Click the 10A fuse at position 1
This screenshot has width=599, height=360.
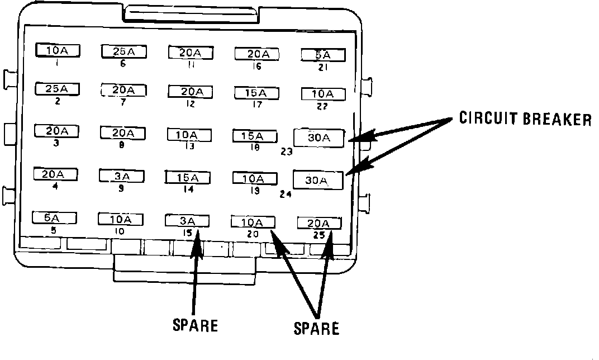(58, 51)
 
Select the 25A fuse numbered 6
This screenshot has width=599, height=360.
(123, 51)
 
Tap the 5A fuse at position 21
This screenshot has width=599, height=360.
(322, 55)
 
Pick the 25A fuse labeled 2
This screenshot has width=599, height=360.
(57, 88)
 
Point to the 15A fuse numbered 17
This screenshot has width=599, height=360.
(256, 92)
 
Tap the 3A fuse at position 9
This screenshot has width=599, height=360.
(121, 176)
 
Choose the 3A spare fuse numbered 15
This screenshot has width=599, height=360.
(187, 220)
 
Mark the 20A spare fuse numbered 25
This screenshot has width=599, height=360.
(318, 222)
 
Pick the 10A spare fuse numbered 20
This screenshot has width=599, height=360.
(253, 221)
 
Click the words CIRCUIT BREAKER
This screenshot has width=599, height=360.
(525, 119)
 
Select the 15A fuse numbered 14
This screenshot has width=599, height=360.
(188, 178)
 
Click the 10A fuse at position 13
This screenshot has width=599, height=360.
(189, 135)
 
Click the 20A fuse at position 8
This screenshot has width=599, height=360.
(122, 133)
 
